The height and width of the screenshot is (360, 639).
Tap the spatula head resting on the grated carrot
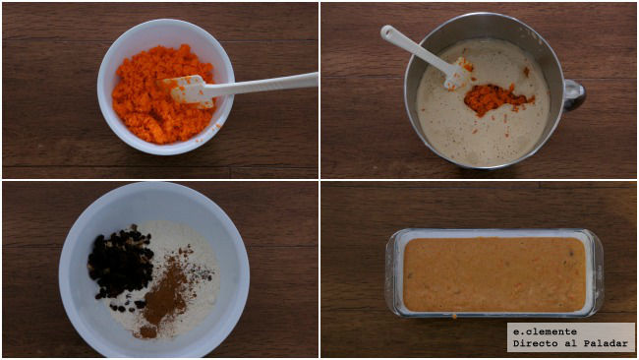coord(189,90)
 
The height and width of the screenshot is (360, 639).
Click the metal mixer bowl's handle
coord(573,94)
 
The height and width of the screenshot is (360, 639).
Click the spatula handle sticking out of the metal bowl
coord(411,45)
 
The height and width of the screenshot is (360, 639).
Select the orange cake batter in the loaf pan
coord(494,274)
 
